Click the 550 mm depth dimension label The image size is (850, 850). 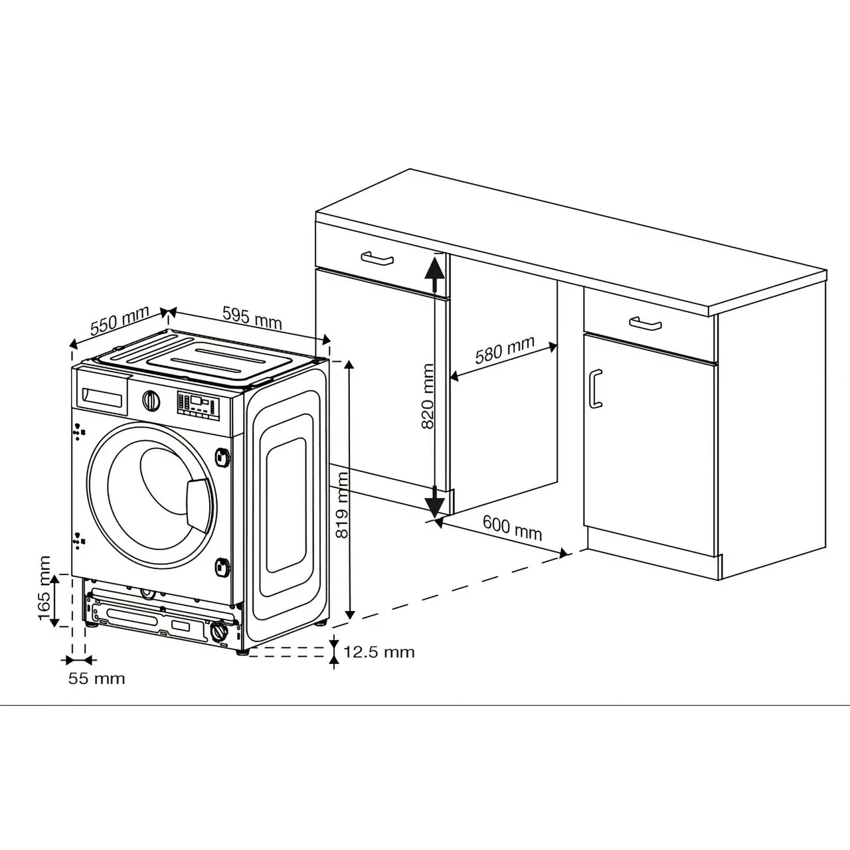[x=120, y=321]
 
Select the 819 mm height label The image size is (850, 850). [x=342, y=505]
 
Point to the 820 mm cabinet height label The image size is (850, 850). [x=428, y=396]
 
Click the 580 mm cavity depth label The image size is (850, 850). [x=505, y=349]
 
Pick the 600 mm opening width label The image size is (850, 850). [x=512, y=527]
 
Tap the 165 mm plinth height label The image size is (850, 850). [x=44, y=588]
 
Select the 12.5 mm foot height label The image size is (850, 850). [x=379, y=652]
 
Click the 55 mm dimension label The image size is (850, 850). [x=96, y=679]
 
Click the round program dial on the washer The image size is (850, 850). [x=151, y=400]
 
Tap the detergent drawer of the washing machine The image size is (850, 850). [x=102, y=392]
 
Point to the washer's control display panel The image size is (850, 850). [x=198, y=406]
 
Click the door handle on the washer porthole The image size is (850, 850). [x=199, y=503]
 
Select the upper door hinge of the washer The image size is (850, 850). [x=222, y=457]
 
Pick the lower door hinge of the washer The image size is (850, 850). [x=222, y=567]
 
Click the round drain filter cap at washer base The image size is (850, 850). [x=219, y=632]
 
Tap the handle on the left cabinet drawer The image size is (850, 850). [x=377, y=259]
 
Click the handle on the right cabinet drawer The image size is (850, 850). [x=645, y=323]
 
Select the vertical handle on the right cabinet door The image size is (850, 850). [x=596, y=388]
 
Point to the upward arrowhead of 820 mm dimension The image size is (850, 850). [x=434, y=269]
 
